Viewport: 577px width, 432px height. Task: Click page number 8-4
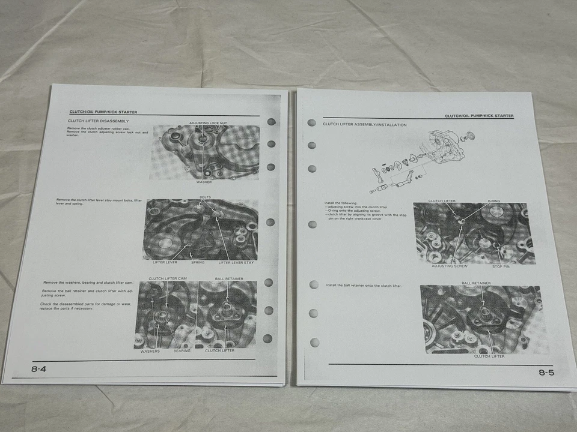coord(39,369)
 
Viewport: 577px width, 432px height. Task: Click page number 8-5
coord(546,373)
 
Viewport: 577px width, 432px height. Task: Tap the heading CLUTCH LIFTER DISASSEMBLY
coord(98,121)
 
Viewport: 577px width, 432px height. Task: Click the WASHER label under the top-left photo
coord(204,182)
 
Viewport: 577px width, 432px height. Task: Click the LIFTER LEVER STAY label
coord(236,262)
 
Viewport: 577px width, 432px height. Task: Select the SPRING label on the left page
coord(198,262)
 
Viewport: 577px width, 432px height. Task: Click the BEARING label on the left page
coord(182,350)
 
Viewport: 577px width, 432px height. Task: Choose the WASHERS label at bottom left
coord(150,350)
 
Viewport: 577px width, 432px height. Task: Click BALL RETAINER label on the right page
coord(476,283)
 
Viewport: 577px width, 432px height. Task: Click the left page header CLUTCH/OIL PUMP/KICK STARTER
coord(103,112)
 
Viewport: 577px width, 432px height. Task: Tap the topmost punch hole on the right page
coord(311,122)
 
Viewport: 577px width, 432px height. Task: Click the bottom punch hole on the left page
coord(267,339)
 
